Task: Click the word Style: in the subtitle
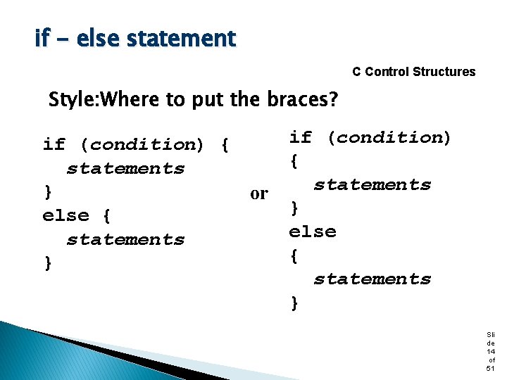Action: click(x=75, y=100)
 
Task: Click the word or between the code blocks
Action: click(x=259, y=194)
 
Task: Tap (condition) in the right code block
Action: click(x=389, y=137)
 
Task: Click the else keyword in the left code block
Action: click(x=65, y=215)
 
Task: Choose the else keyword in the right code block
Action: click(x=313, y=232)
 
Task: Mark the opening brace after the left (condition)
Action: click(x=224, y=145)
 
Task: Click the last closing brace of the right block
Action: click(x=294, y=303)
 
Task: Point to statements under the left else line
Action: click(x=125, y=240)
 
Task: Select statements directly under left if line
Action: click(x=125, y=169)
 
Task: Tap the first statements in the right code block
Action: click(x=372, y=185)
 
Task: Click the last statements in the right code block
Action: click(x=372, y=279)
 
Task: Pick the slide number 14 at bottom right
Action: click(x=490, y=350)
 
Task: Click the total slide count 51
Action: click(x=490, y=369)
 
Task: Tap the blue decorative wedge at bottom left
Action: click(x=42, y=355)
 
